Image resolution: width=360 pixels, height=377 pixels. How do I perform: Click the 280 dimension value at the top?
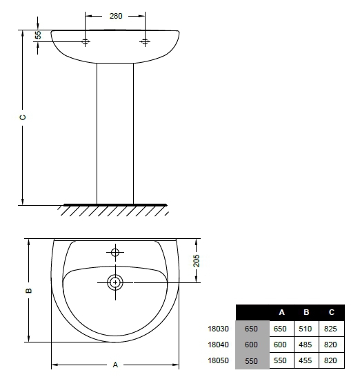pyautogui.click(x=116, y=16)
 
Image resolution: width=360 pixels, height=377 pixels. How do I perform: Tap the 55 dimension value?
pyautogui.click(x=38, y=35)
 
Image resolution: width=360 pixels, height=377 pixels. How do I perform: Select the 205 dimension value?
pyautogui.click(x=197, y=260)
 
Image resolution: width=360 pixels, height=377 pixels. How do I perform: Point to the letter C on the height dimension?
pyautogui.click(x=23, y=117)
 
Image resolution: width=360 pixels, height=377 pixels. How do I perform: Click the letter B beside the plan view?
pyautogui.click(x=28, y=291)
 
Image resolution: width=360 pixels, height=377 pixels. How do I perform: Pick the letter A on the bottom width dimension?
pyautogui.click(x=115, y=365)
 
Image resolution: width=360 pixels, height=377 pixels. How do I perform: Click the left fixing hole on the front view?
pyautogui.click(x=85, y=41)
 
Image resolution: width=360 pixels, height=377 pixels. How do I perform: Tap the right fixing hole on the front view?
pyautogui.click(x=145, y=41)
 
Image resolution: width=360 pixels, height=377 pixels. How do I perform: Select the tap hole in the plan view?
pyautogui.click(x=115, y=253)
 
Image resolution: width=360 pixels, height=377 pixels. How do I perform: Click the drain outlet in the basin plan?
pyautogui.click(x=115, y=282)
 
